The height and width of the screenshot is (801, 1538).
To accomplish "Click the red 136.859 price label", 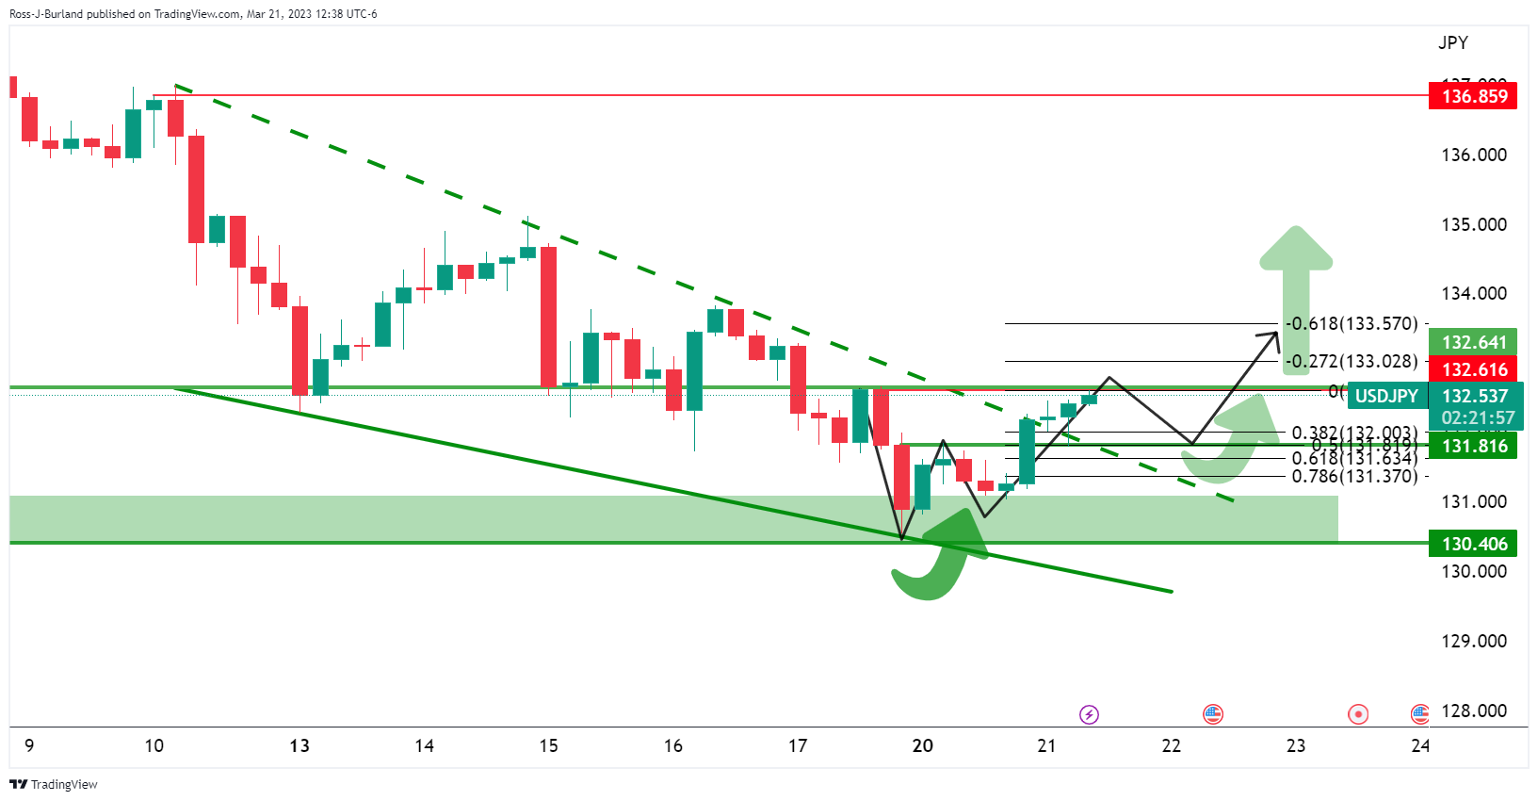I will click(1473, 96).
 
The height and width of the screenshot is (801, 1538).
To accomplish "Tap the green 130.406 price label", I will click(1473, 544).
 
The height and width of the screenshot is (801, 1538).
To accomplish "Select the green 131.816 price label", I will click(1473, 446).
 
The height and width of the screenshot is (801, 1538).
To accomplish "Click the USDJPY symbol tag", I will click(1385, 396).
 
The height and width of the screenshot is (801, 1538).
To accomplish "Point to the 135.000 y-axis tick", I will click(1473, 224).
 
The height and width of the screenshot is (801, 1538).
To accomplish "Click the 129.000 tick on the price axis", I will click(1473, 641).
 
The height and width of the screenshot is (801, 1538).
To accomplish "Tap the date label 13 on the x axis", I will click(300, 745).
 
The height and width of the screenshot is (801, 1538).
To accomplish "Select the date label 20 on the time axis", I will click(922, 745).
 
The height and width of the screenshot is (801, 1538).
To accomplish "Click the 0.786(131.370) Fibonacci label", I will click(1353, 476).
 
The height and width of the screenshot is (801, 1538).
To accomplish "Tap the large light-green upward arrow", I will click(1296, 283).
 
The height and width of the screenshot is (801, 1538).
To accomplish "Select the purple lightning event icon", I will click(1089, 714).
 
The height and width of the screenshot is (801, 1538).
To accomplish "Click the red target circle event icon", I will click(1357, 714).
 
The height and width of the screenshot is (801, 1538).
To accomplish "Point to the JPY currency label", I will click(1452, 42).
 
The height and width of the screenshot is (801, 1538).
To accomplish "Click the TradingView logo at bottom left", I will click(54, 784).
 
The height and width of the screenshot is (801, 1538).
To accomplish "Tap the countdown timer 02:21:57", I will click(1478, 417).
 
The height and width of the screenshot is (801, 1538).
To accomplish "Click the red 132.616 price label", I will click(1473, 369).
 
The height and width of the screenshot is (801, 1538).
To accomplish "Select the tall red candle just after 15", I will click(548, 317).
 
